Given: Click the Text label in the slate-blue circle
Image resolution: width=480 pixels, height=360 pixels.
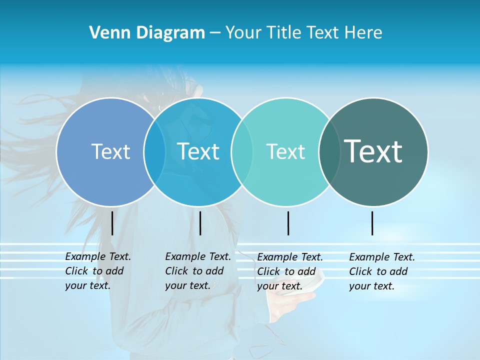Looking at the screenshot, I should [x=110, y=151].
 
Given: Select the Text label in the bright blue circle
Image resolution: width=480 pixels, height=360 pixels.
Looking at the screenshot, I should [x=198, y=151].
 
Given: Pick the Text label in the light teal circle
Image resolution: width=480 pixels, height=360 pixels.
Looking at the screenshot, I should [x=285, y=151].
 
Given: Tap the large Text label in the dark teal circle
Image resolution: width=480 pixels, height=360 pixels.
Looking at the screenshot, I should [x=373, y=151].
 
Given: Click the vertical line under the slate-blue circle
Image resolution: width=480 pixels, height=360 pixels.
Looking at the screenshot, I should [x=112, y=223].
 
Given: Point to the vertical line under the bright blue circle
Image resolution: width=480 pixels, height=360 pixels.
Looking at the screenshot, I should [x=200, y=223].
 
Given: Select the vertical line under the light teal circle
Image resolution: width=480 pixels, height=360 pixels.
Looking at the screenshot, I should [x=288, y=223].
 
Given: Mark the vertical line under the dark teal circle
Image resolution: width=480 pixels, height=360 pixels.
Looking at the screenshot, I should [x=372, y=223].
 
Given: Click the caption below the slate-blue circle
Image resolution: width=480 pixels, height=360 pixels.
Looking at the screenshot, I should [x=98, y=271].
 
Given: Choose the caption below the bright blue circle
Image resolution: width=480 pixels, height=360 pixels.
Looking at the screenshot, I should [x=198, y=271].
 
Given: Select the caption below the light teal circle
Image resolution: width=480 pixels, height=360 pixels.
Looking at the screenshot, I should [x=290, y=271].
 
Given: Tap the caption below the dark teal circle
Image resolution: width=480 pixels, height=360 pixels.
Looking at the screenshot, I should [x=382, y=271].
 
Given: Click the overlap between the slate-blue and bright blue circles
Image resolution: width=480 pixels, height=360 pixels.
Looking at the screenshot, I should [x=154, y=151].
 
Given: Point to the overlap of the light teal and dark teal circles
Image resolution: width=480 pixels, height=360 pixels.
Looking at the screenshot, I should [x=329, y=151].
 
